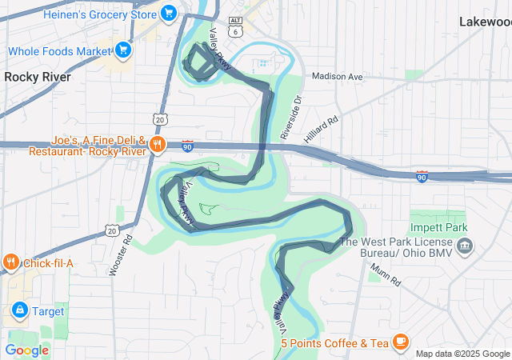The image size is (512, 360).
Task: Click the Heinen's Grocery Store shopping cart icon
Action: click(x=168, y=13)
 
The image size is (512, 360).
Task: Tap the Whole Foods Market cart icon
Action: click(x=123, y=51)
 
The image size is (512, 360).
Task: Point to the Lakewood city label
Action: click(x=485, y=22)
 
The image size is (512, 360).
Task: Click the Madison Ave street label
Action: click(x=337, y=77)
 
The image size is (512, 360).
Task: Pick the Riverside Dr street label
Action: click(x=294, y=118)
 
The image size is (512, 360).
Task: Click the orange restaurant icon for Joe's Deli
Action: click(x=157, y=145)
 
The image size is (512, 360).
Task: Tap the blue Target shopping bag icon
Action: click(x=18, y=309)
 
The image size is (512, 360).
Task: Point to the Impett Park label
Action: click(x=438, y=228)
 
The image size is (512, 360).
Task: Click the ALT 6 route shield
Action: click(x=234, y=29)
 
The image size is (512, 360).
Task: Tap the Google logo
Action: click(x=26, y=350)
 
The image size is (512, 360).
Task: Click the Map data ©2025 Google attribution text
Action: click(x=462, y=354)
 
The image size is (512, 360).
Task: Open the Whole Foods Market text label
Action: click(x=59, y=51)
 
